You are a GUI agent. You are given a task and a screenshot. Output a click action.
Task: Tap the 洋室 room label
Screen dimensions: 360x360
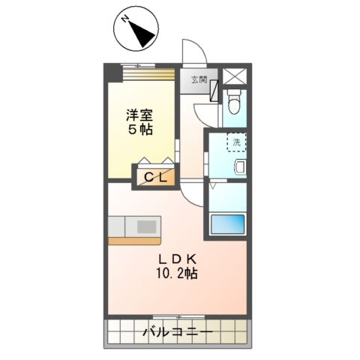[x=141, y=115]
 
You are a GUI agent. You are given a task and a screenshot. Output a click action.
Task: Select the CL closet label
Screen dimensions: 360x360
[x=155, y=178]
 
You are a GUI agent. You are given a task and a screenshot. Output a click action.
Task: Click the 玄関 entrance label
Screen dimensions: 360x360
[x=199, y=79]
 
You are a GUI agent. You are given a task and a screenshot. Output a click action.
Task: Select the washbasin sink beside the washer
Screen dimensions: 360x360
[x=241, y=166]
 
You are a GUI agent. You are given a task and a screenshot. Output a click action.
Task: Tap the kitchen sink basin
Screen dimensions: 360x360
[x=147, y=226]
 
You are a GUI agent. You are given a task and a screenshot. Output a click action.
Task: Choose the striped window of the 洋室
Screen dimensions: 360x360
[x=142, y=74]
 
